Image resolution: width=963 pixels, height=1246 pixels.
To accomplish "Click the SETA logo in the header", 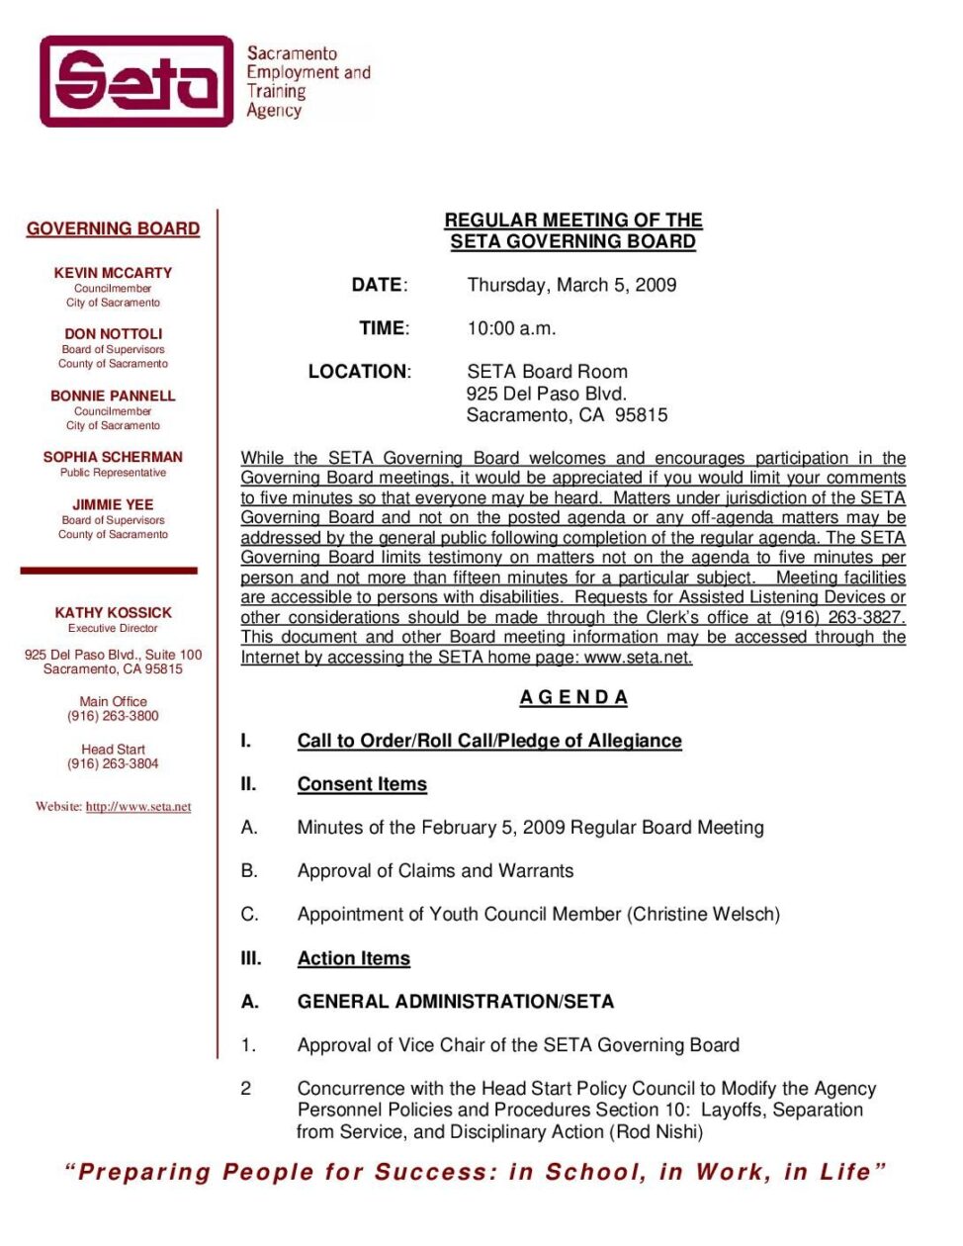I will coord(137,81).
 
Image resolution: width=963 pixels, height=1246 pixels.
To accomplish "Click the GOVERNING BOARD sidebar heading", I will coord(113,228).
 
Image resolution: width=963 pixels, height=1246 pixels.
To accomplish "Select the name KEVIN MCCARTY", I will coord(113,273).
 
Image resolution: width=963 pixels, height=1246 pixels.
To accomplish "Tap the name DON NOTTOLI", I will coord(113,334).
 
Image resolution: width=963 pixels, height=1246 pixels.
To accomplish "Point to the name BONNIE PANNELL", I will coord(113,396).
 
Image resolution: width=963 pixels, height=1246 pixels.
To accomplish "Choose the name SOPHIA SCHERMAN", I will coord(113,457).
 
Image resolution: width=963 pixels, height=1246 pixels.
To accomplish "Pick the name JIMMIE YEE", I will coord(113,504).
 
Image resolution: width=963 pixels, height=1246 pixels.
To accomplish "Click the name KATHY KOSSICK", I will coord(113,613).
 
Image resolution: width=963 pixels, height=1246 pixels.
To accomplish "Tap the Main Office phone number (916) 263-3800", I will coord(113,716).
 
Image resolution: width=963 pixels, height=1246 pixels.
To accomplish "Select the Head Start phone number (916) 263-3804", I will coord(113,763).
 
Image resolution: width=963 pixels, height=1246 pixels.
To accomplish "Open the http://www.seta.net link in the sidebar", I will coord(138,807).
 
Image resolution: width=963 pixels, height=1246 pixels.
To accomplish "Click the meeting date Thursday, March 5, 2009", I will coord(571,285).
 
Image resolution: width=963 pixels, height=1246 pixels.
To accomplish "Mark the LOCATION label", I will coord(358,372).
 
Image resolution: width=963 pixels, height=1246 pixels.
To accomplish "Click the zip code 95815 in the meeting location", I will coord(641,415).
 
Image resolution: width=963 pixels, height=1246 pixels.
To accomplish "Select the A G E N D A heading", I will coord(573,697).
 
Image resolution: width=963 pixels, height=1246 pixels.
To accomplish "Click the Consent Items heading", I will coord(362,784).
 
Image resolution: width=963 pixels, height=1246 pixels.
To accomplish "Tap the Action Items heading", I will coord(353,958).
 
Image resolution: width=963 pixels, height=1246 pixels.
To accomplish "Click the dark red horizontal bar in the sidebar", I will coord(109,571).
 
